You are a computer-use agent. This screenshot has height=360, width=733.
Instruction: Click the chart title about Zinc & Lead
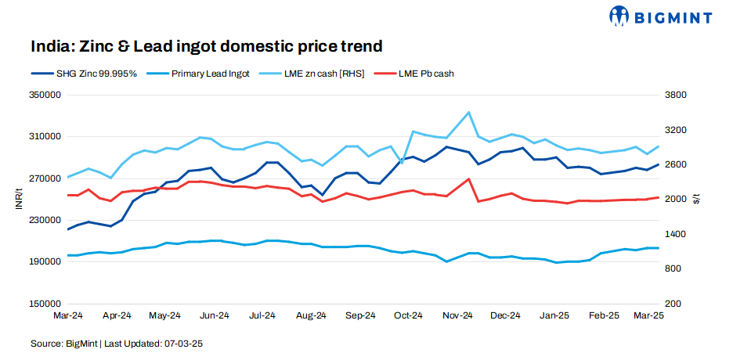click(x=207, y=46)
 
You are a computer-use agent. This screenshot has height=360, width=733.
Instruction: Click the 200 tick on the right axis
click(x=675, y=303)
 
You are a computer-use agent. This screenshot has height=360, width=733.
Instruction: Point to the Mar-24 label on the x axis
click(x=68, y=315)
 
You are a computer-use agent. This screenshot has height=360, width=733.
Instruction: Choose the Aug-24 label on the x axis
click(x=311, y=315)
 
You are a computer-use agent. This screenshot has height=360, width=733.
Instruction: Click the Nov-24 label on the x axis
click(x=457, y=315)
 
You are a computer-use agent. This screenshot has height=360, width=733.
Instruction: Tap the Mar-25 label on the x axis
click(x=648, y=315)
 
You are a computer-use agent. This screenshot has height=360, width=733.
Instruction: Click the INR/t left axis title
click(x=17, y=199)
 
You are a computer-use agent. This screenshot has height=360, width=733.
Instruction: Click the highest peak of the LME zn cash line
click(x=468, y=113)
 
